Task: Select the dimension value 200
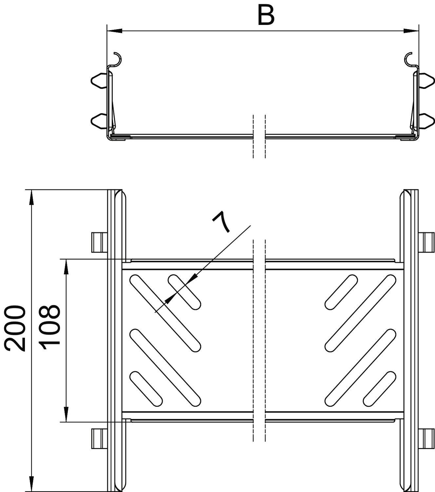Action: pyautogui.click(x=15, y=328)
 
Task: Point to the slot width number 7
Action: pyautogui.click(x=222, y=222)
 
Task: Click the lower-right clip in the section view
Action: pyautogui.click(x=427, y=121)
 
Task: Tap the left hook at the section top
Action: pyautogui.click(x=118, y=58)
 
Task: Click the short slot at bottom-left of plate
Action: pyautogui.click(x=146, y=388)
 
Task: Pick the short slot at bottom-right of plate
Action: pyautogui.click(x=380, y=388)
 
